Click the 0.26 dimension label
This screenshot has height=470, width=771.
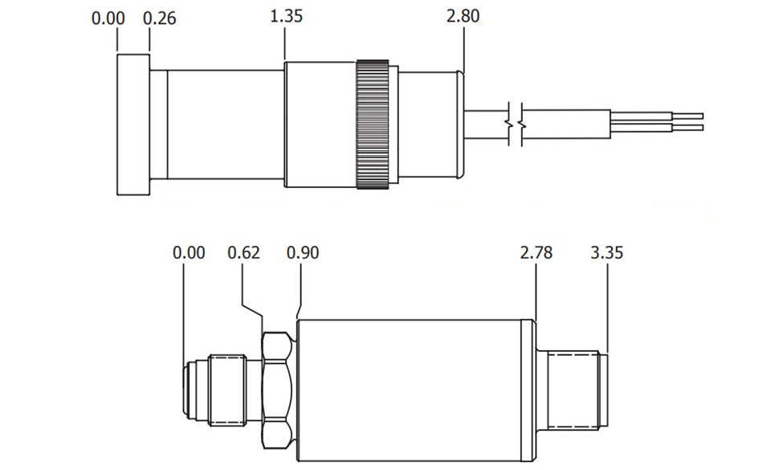(x=159, y=18)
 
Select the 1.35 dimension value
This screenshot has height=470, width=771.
(x=286, y=16)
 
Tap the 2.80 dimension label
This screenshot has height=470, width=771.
(x=463, y=16)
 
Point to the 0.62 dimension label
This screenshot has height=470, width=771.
(x=243, y=253)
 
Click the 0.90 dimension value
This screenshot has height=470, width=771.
(x=303, y=253)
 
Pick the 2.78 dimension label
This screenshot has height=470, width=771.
(x=536, y=253)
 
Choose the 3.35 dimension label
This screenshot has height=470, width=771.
(x=607, y=253)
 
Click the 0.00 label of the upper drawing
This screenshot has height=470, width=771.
(x=108, y=18)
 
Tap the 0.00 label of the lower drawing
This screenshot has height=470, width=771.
(x=189, y=253)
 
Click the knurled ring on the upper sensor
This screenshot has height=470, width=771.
(x=373, y=125)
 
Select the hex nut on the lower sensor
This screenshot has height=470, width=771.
(x=277, y=390)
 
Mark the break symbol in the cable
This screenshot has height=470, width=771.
(x=516, y=125)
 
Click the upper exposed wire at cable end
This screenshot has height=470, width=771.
(x=657, y=116)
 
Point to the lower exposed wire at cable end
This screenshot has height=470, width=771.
(x=657, y=129)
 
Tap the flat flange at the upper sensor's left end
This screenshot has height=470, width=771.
(x=133, y=125)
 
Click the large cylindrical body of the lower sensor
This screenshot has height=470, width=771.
(x=410, y=390)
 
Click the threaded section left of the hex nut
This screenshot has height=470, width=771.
(x=227, y=390)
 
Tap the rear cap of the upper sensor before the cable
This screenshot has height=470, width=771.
(x=430, y=125)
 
